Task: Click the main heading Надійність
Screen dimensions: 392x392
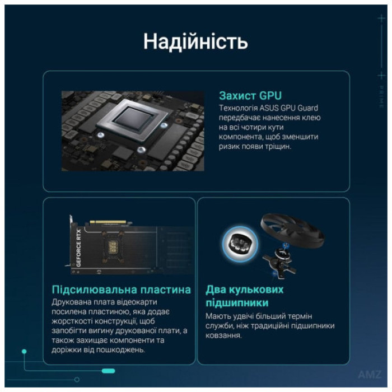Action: (x=195, y=41)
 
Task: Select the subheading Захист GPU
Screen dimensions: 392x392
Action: (x=250, y=95)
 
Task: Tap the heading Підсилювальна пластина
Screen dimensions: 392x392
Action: (x=121, y=290)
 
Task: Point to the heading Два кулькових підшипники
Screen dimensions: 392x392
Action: (x=245, y=296)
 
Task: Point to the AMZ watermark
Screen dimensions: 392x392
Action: (x=370, y=375)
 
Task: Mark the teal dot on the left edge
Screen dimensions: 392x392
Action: (x=24, y=352)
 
